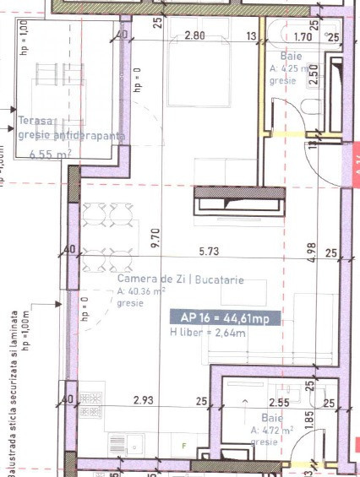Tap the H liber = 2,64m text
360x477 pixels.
pos(206,333)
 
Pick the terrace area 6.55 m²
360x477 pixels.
pos(50,154)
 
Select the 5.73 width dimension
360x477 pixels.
pos(208,251)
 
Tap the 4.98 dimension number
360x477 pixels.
pos(313,253)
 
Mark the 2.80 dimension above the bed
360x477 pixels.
pos(194,35)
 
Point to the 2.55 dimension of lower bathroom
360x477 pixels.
pos(278,404)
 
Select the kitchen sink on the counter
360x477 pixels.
pos(134,444)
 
